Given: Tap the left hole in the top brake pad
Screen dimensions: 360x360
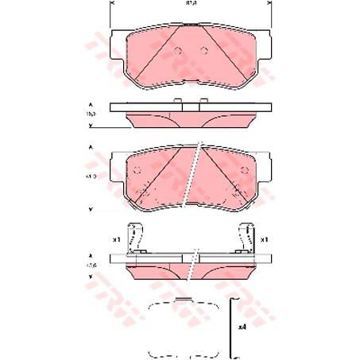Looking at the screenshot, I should (179, 52).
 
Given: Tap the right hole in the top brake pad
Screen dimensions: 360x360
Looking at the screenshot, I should (204, 52).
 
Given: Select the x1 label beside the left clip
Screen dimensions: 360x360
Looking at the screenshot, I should (116, 237).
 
